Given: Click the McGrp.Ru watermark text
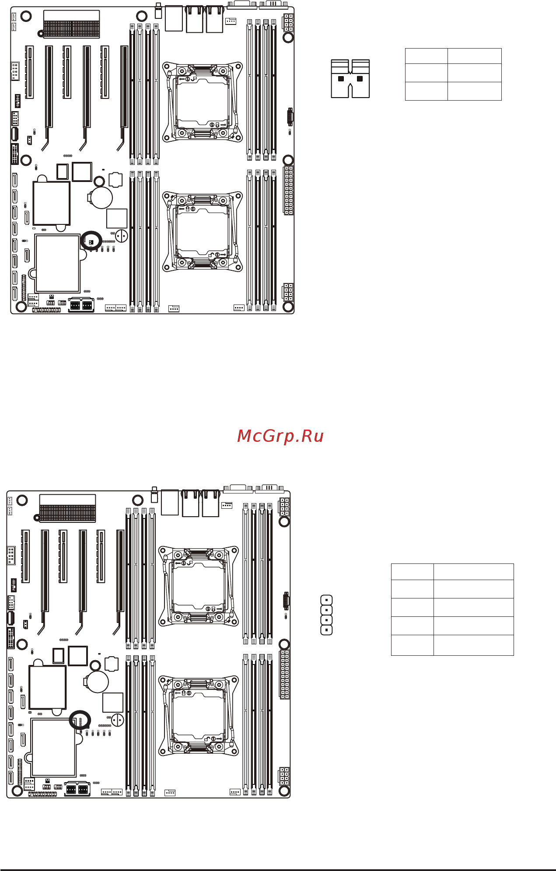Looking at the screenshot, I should point(280,436).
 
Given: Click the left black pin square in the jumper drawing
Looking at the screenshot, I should point(341,79).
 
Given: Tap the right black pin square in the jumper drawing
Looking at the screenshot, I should point(360,79).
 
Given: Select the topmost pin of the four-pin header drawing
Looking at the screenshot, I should point(326,600).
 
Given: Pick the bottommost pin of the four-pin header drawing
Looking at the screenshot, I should point(326,630).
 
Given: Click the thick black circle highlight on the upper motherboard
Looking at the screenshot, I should point(91,241).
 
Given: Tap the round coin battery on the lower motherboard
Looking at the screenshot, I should point(98,681).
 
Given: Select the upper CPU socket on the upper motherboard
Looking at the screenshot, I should point(203,102).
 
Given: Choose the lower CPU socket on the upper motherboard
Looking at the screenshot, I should point(203,231).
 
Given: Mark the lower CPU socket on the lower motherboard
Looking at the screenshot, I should point(199,716).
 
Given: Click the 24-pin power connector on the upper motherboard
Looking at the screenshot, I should point(288,190).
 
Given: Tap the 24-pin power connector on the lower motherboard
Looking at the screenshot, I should point(284,674).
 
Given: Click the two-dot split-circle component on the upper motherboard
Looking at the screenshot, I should point(122,236).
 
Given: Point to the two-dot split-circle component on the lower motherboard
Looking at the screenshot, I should point(118,720).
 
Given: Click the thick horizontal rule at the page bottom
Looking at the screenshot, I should point(278,870).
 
